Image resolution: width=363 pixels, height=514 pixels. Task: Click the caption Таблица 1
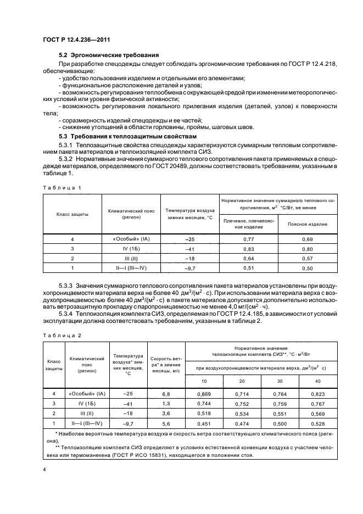[62, 187]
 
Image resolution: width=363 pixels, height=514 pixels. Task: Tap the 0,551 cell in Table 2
[275, 412]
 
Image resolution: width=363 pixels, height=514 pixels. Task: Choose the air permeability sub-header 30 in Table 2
[275, 381]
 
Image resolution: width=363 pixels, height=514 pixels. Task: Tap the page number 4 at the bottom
[44, 470]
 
